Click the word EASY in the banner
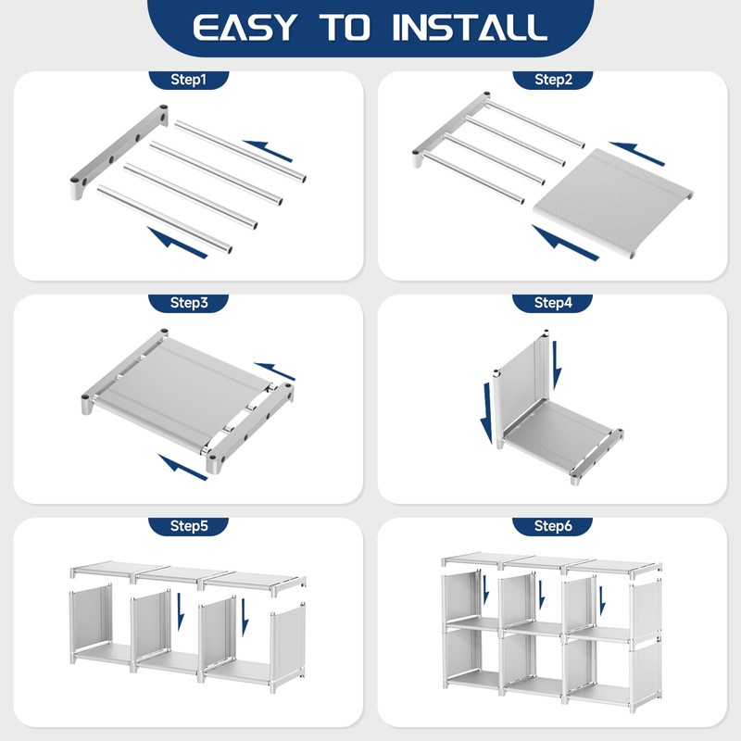pyautogui.click(x=245, y=28)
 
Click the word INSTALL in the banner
pyautogui.click(x=470, y=28)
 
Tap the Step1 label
pyautogui.click(x=189, y=80)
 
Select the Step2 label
pyautogui.click(x=553, y=80)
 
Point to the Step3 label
pyautogui.click(x=189, y=303)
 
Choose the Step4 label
pyautogui.click(x=553, y=303)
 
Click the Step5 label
pyautogui.click(x=189, y=525)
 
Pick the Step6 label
pyautogui.click(x=553, y=525)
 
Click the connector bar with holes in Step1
pyautogui.click(x=119, y=151)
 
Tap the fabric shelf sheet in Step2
pyautogui.click(x=613, y=202)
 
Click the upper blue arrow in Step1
pyautogui.click(x=268, y=150)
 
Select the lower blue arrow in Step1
pyautogui.click(x=177, y=243)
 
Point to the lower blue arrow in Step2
pyautogui.click(x=565, y=243)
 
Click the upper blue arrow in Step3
pyautogui.click(x=274, y=371)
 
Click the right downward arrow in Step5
pyautogui.click(x=245, y=617)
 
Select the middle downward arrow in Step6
pyautogui.click(x=542, y=595)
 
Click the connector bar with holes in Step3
pyautogui.click(x=249, y=429)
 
